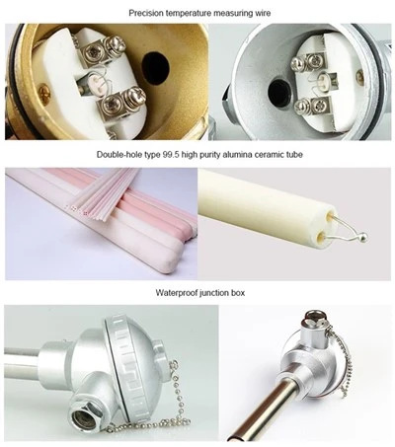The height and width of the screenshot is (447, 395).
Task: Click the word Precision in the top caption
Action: pos(146,13)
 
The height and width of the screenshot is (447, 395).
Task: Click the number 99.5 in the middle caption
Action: pos(170,154)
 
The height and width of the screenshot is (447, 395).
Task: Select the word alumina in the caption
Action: pos(236,154)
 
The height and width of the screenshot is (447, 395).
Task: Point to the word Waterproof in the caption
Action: pos(177,292)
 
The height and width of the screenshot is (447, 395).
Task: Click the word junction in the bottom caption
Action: pos(215,292)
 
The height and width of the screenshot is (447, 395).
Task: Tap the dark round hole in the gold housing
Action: pos(156,67)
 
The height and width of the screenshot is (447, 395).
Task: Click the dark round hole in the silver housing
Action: pos(279,90)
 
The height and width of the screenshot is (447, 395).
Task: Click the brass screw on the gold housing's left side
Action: pos(43,93)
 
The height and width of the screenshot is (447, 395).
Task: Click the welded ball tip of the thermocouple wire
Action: pos(362,237)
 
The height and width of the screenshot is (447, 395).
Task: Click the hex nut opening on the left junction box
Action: pos(85,418)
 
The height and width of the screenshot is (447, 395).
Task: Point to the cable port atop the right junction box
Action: pos(316,323)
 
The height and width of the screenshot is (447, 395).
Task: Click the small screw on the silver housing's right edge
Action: pos(359,76)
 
